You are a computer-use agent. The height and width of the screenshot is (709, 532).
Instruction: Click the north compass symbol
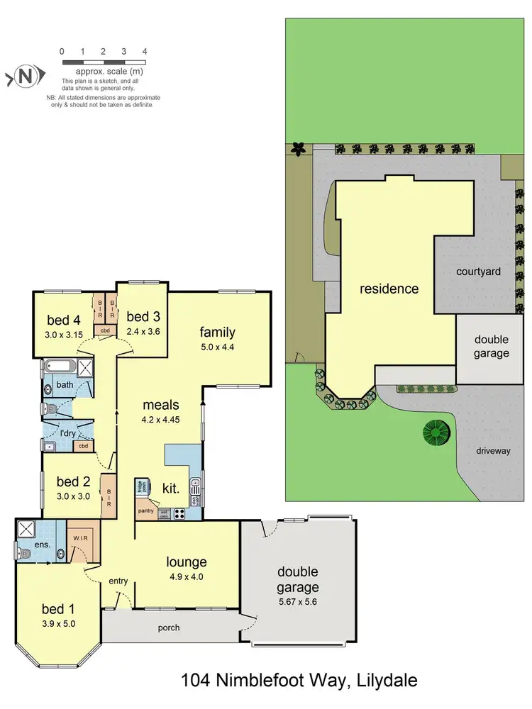point(26,76)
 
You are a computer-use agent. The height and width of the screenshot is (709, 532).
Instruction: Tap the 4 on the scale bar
point(145,52)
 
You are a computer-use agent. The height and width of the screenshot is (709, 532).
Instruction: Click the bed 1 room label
point(58,609)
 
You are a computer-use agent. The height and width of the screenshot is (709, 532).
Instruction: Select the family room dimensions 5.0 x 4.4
point(217,347)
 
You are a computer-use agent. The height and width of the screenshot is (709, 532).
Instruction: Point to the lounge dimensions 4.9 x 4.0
point(187,576)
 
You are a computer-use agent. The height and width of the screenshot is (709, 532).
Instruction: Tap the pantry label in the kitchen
point(147,510)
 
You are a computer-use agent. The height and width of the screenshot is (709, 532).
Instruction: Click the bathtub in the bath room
point(59,367)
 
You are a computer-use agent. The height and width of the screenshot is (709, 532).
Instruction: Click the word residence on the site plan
point(389,289)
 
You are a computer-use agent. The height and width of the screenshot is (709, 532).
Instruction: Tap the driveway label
point(494,451)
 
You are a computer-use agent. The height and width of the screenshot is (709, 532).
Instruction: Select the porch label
point(169,627)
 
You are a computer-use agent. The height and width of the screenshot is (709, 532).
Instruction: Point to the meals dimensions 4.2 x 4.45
point(160,418)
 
